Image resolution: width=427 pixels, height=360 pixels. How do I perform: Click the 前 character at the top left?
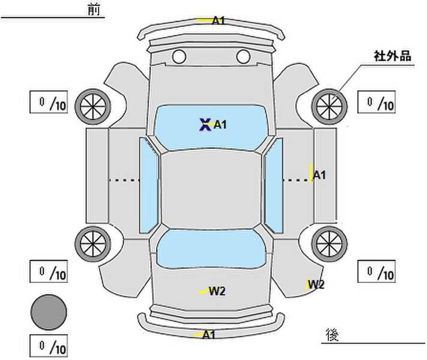[94, 10]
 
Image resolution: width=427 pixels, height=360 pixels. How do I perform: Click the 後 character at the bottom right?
[332, 335]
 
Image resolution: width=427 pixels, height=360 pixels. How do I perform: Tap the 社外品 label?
[392, 56]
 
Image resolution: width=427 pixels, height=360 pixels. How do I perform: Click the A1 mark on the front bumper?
[219, 20]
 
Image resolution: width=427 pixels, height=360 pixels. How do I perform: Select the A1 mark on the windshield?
[220, 125]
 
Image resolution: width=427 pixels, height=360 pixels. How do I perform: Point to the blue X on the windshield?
[205, 125]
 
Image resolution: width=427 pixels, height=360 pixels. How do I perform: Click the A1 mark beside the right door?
[319, 175]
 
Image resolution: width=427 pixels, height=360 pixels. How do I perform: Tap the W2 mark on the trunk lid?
[217, 292]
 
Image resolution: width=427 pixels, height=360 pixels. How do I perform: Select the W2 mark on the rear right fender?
[316, 284]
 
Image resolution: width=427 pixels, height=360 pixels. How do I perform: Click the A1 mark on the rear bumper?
[209, 334]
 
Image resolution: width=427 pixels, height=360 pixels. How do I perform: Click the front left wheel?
[93, 106]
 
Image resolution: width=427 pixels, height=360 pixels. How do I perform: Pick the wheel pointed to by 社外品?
[329, 106]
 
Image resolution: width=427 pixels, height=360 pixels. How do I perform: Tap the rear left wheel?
[93, 244]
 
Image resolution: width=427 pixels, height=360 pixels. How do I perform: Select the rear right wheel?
[329, 244]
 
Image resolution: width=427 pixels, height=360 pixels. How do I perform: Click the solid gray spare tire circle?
[49, 313]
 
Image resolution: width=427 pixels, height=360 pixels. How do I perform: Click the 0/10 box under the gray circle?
[49, 346]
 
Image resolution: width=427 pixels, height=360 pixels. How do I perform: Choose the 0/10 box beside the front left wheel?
[49, 102]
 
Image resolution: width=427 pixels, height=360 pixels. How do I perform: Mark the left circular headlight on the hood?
[179, 56]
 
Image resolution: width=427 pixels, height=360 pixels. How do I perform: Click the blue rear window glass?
[211, 249]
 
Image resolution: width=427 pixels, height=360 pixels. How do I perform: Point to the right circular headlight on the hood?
[243, 56]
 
